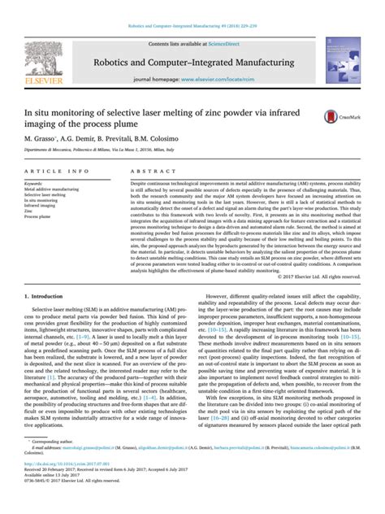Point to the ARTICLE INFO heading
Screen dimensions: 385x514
pyautogui.click(x=57, y=172)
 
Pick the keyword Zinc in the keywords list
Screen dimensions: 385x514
pyautogui.click(x=28, y=211)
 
